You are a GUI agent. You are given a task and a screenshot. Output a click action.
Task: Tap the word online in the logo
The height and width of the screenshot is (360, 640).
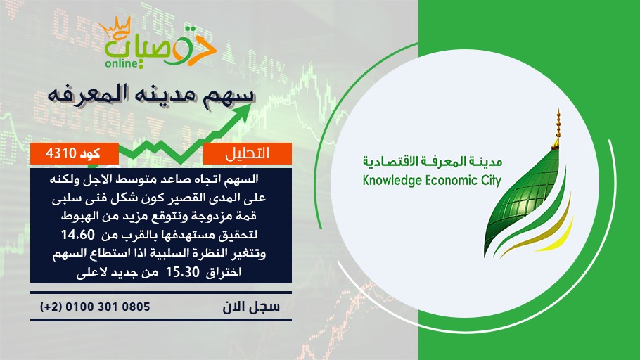[121, 64]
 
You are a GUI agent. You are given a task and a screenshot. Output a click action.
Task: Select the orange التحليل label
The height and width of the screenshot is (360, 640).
[248, 153]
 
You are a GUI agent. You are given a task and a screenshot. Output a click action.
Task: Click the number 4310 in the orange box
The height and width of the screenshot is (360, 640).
[61, 153]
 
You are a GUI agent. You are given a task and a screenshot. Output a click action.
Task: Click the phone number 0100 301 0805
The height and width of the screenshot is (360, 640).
[108, 307]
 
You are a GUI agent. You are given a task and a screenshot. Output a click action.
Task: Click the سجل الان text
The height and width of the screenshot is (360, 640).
[251, 307]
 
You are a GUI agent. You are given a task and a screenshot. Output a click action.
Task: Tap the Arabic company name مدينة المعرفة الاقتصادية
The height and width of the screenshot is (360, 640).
[433, 162]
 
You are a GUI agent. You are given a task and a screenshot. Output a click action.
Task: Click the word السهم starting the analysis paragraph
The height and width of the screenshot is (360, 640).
[243, 179]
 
